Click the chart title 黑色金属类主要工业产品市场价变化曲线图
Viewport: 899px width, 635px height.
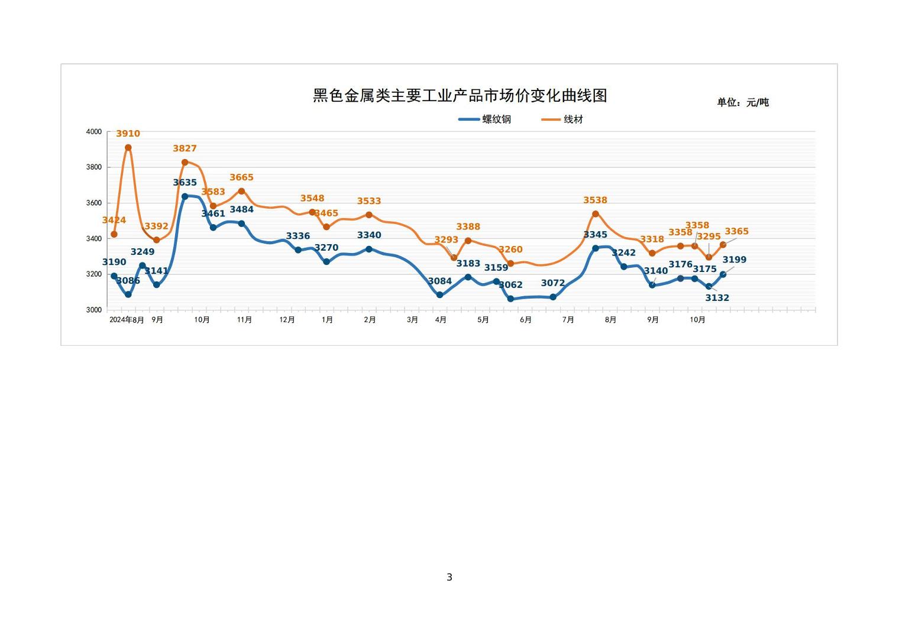(x=460, y=96)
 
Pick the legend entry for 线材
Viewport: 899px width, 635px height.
(x=562, y=119)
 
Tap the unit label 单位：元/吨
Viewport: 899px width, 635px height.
(x=743, y=102)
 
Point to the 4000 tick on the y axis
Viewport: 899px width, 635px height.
(x=94, y=132)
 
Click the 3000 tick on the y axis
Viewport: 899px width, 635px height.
(x=94, y=310)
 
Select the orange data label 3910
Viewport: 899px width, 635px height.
(x=128, y=134)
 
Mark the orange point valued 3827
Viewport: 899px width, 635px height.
(x=185, y=162)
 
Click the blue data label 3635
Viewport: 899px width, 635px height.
(x=185, y=183)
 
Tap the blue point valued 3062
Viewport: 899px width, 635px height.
(x=510, y=299)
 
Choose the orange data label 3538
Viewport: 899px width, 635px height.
(x=595, y=200)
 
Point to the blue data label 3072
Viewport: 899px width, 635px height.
(x=553, y=283)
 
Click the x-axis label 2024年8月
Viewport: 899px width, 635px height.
(x=127, y=320)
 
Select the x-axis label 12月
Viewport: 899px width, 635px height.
(x=287, y=320)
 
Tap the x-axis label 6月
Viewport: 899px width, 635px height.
(x=526, y=320)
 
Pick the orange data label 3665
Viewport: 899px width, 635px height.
(x=241, y=177)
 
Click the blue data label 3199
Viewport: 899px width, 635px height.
(x=735, y=260)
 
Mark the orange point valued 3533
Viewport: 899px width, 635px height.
(x=369, y=215)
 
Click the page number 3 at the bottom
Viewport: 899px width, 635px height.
(x=449, y=577)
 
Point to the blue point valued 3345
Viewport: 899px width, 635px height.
(x=595, y=248)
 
